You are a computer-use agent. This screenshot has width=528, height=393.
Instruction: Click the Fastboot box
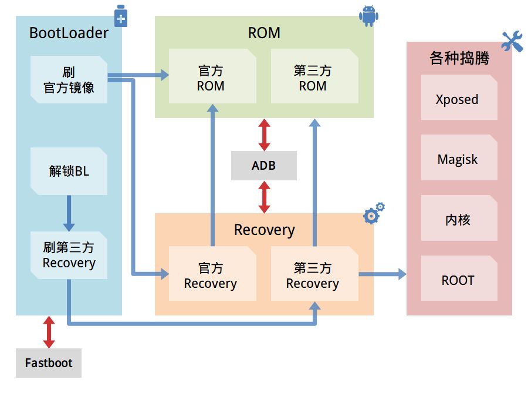(49, 362)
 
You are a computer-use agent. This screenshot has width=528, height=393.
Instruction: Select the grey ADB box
(263, 166)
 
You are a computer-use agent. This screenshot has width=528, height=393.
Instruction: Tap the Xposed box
(459, 97)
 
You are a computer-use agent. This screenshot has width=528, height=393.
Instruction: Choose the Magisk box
(459, 157)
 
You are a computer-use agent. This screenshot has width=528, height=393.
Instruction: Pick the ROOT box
(459, 278)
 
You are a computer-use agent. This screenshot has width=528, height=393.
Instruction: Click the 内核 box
(459, 218)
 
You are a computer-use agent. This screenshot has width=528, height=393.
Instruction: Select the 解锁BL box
(69, 171)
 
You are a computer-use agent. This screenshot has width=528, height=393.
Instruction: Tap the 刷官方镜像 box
(69, 79)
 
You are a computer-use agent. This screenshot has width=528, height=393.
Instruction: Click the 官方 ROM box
(212, 76)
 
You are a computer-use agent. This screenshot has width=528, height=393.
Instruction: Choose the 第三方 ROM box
(314, 76)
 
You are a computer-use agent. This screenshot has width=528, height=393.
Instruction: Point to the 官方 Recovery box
(212, 273)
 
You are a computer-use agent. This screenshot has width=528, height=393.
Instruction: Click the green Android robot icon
(369, 16)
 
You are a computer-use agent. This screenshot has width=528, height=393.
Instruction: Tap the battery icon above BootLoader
(120, 15)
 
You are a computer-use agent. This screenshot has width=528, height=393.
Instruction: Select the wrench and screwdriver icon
(512, 41)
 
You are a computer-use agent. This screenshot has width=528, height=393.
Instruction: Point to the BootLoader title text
(69, 33)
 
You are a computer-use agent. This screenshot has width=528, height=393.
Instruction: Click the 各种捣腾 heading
(459, 58)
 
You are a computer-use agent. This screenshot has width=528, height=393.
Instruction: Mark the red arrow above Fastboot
(49, 332)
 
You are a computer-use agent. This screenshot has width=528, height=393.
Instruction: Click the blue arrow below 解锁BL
(69, 213)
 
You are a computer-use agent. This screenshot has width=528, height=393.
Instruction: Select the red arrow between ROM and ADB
(265, 135)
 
